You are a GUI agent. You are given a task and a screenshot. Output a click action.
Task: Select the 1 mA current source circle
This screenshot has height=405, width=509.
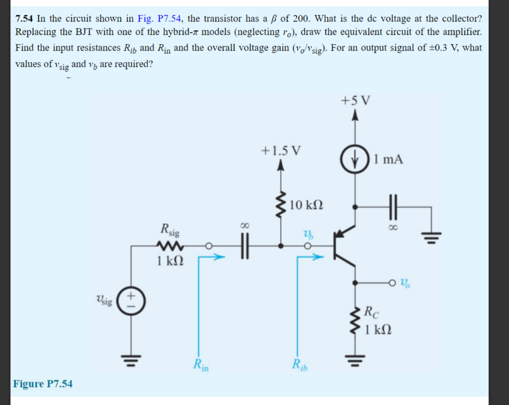tap(354, 160)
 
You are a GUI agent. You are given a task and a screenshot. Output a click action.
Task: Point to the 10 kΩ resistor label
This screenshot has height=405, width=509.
tap(306, 204)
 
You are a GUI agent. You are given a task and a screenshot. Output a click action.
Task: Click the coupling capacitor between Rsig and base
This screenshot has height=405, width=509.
tap(244, 245)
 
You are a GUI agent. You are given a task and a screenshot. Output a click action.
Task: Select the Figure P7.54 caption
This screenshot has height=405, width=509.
tap(43, 384)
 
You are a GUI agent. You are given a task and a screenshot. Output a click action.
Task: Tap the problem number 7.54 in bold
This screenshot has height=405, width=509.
tap(24, 19)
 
